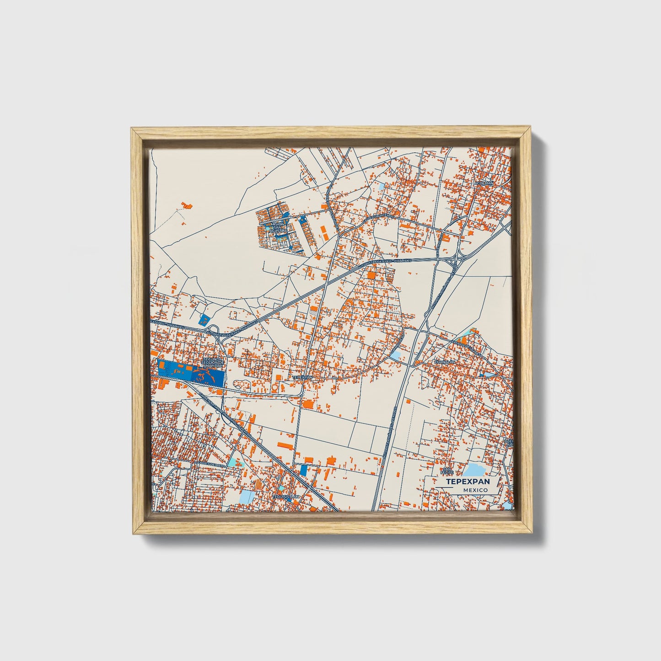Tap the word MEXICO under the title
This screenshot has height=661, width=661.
click(x=475, y=490)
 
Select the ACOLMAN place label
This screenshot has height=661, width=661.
click(x=484, y=183)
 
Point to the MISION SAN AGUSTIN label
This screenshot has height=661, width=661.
click(x=277, y=228)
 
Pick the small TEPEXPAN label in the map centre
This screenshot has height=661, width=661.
click(x=302, y=377)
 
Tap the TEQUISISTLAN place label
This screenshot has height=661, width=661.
click(x=285, y=496)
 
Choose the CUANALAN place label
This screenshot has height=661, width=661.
click(x=444, y=362)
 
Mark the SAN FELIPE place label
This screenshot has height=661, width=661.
click(x=446, y=470)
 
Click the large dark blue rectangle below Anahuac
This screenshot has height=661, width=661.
click(x=191, y=373)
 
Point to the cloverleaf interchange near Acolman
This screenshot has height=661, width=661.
click(x=455, y=262)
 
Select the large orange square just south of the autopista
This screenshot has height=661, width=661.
click(x=371, y=275)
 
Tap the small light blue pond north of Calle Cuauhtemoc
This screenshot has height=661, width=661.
click(x=381, y=187)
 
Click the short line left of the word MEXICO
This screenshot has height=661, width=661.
click(x=444, y=489)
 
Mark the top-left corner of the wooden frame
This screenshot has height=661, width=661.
click(x=131, y=129)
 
